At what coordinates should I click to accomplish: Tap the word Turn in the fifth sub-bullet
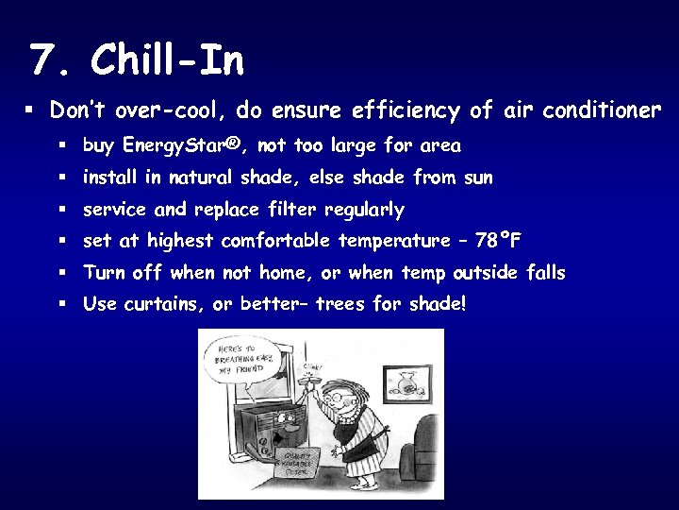(105, 273)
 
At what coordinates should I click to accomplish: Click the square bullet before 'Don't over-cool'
(29, 110)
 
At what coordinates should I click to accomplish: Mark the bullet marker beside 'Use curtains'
(60, 304)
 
